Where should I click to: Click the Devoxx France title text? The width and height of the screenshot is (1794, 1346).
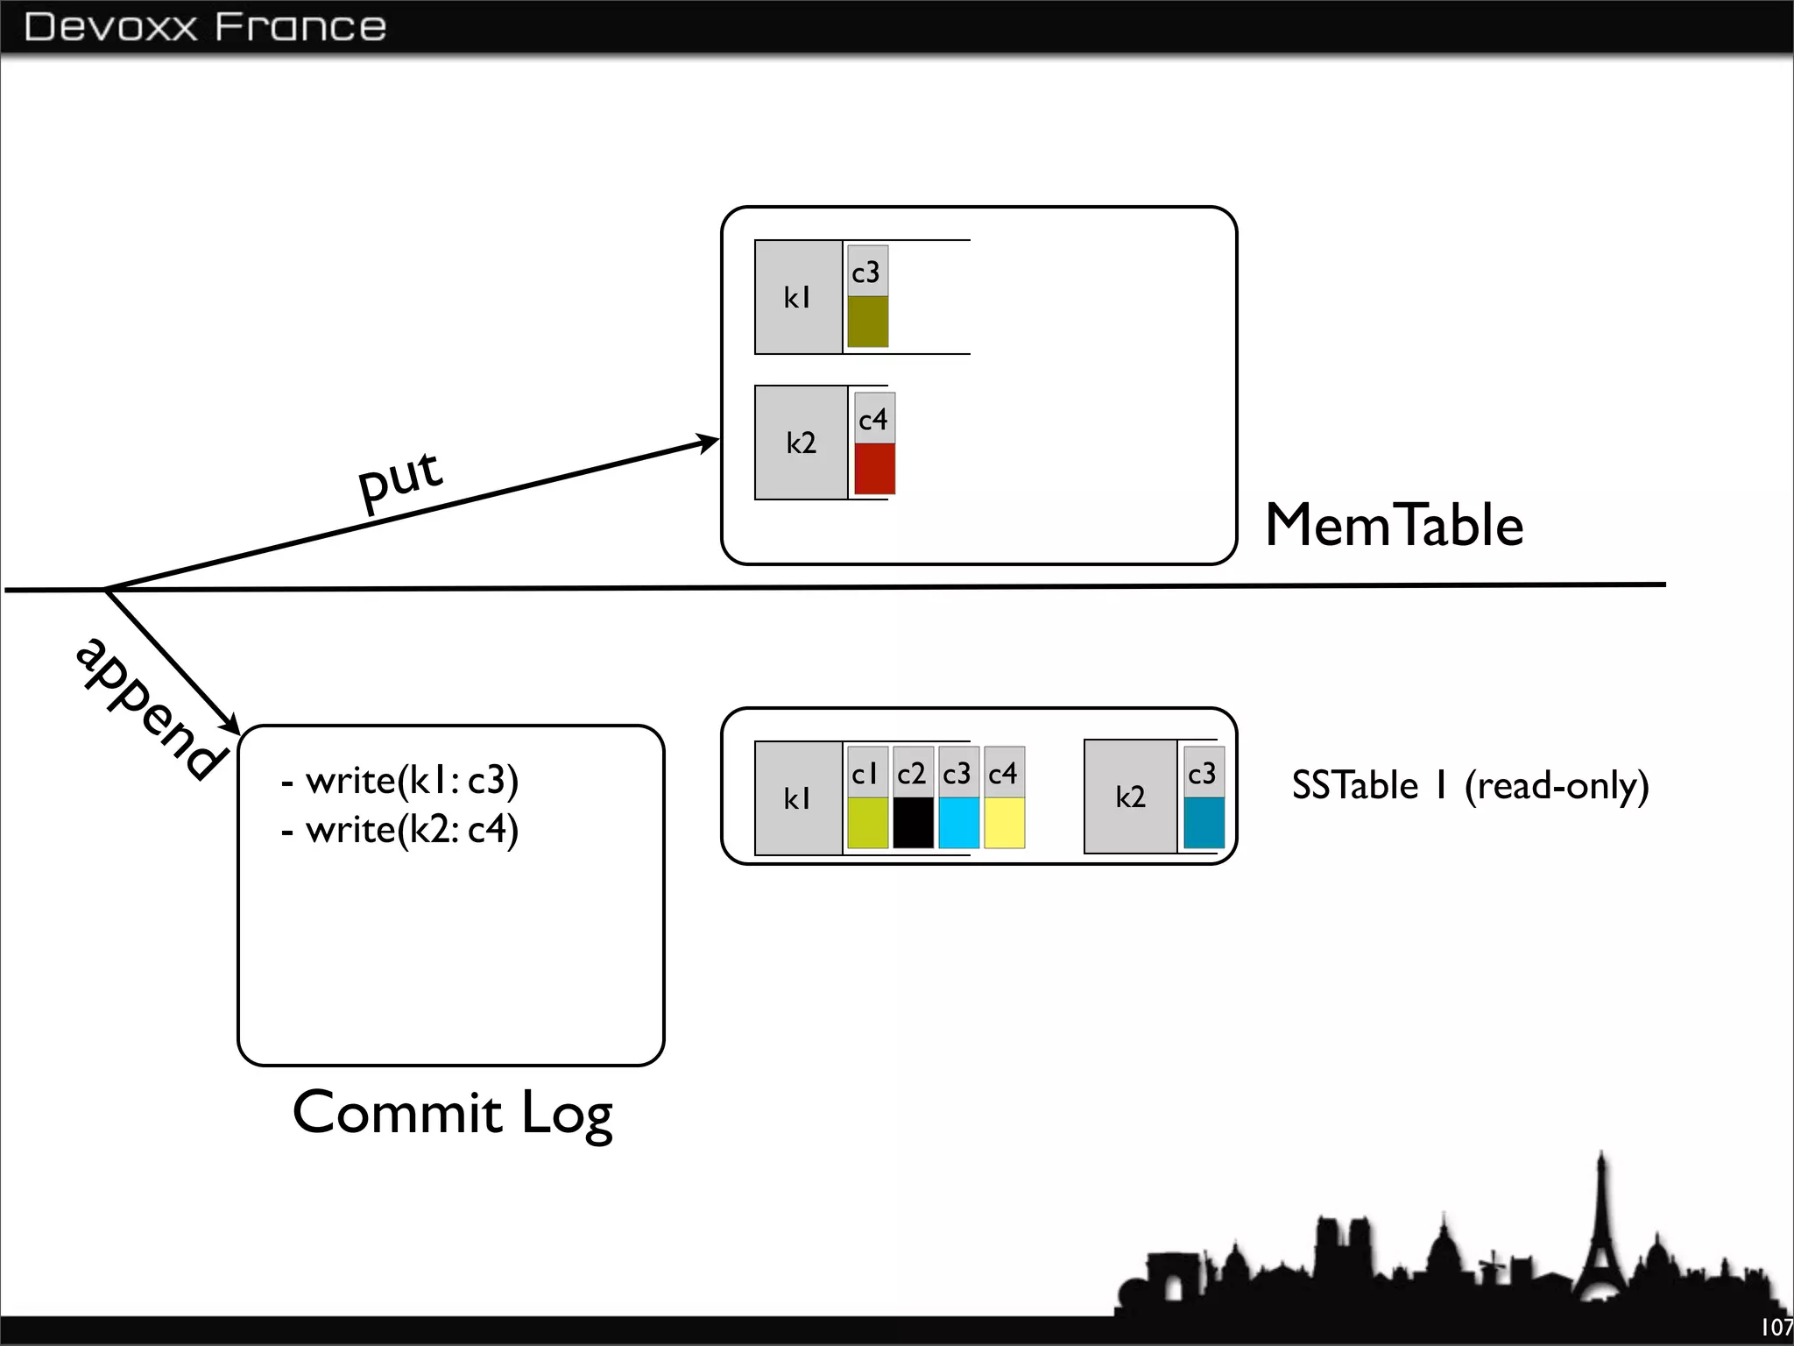(x=205, y=27)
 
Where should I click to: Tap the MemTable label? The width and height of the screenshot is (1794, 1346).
(x=1394, y=526)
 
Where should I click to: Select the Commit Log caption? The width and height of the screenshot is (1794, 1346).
(x=452, y=1113)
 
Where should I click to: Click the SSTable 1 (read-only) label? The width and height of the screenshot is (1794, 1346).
(x=1470, y=785)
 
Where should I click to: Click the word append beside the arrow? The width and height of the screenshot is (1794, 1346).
(x=149, y=708)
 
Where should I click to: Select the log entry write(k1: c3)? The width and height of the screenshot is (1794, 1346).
(x=401, y=780)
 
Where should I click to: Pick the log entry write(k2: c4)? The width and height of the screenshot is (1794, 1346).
(x=401, y=829)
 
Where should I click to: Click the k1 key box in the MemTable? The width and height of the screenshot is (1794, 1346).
(x=798, y=298)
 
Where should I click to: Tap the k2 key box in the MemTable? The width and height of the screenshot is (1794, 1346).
(x=801, y=443)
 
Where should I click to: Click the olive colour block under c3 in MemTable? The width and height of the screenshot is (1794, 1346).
(x=867, y=322)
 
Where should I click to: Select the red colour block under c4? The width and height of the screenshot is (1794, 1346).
(x=874, y=469)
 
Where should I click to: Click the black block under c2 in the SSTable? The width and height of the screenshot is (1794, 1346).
(x=913, y=822)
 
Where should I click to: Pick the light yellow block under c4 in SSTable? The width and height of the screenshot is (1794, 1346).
(x=1004, y=822)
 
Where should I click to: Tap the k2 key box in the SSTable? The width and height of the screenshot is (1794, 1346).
(x=1130, y=797)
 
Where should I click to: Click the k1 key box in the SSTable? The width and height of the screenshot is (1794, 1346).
(x=798, y=798)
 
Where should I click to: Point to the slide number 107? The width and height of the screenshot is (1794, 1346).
(x=1776, y=1327)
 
